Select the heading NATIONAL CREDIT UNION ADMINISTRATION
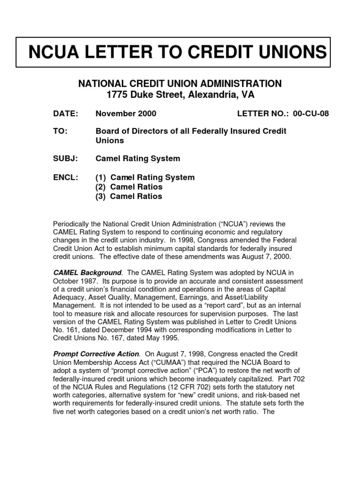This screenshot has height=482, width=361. tap(180, 84)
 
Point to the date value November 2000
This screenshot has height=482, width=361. tap(126, 113)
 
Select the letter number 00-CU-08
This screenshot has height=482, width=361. tap(311, 113)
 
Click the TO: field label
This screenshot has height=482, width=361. tap(61, 131)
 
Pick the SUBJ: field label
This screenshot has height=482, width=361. tap(65, 159)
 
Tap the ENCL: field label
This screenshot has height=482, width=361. tap(65, 177)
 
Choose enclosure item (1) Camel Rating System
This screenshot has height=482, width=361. tap(145, 177)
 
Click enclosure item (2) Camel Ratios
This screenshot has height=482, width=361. tap(129, 187)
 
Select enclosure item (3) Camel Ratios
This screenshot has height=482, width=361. tap(129, 196)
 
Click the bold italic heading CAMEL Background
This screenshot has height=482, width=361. tap(87, 273)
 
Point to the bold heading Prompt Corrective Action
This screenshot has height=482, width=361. tap(96, 353)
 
